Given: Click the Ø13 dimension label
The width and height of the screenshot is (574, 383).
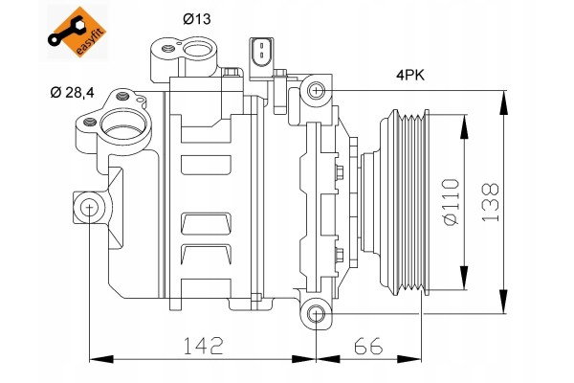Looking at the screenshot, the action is pos(197,19).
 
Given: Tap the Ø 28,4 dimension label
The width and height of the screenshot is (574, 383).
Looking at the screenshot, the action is pos(72,92).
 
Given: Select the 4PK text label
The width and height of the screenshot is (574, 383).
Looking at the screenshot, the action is pos(410,76).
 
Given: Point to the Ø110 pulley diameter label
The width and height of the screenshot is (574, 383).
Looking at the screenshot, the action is pos(451,202).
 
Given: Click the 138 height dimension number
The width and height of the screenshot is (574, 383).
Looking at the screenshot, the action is pos(490,202).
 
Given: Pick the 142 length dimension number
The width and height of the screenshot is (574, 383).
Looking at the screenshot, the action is pos(203,346).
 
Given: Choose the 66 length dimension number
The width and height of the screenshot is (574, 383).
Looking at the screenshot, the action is pos(368,346).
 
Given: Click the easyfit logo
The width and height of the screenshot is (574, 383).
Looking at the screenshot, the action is pos(77,33).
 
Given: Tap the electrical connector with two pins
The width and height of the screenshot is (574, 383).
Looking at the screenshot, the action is pos(261,58).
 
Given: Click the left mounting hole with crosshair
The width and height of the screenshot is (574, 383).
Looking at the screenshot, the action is pos(89,208).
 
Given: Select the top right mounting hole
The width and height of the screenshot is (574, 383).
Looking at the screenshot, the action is pos(316,90).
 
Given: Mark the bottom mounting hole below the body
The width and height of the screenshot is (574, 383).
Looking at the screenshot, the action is pos(316,314).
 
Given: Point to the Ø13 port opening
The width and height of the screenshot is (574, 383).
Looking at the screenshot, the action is pos(198,50).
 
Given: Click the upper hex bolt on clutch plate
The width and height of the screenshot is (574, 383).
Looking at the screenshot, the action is pos(340,172).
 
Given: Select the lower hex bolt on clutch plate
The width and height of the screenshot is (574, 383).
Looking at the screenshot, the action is pos(340,255).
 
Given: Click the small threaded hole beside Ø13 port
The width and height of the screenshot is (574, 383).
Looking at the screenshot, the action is pos(167,49).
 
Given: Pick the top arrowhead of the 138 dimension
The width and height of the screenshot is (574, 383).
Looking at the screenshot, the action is pos(504,102).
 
